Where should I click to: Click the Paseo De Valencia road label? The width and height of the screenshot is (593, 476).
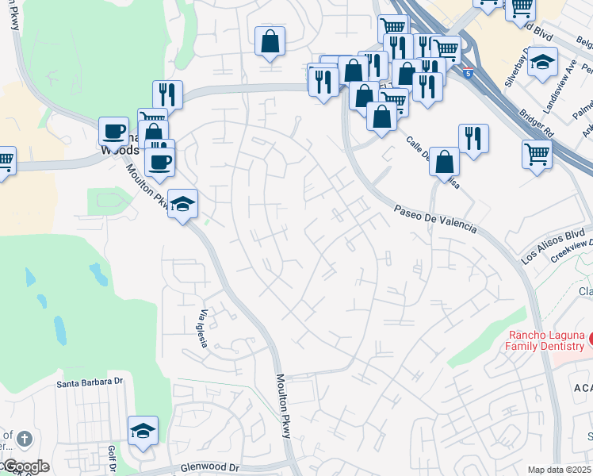coord(436,217)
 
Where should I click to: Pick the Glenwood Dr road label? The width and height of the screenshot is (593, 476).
coord(209,468)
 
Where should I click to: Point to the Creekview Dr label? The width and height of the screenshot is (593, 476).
coord(572,252)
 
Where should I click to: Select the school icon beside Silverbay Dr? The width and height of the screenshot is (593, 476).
coord(542,62)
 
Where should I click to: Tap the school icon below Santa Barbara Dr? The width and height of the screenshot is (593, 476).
coord(143,431)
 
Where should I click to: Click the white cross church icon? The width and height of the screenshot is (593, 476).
coord(25,439)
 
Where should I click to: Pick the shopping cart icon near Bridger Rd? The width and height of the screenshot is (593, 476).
coord(537,153)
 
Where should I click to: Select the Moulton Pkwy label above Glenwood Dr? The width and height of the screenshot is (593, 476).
coord(285,405)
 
